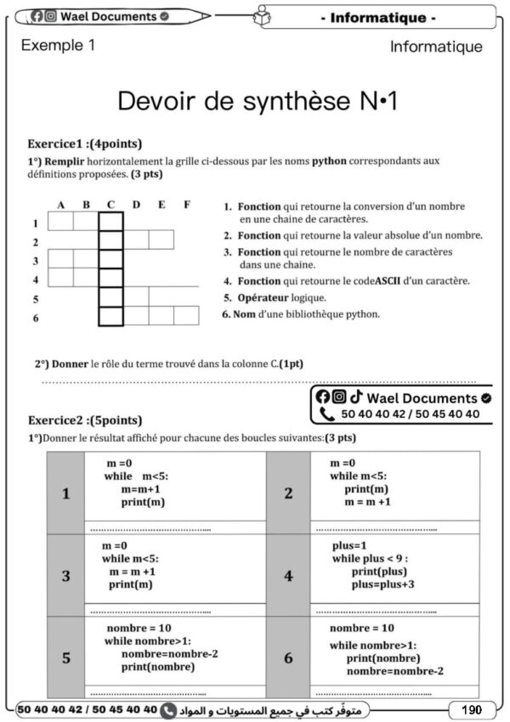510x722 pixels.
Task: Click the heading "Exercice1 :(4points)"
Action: coord(85,144)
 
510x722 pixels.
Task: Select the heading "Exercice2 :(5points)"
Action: coord(85,420)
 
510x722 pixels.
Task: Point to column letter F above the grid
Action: coord(186,205)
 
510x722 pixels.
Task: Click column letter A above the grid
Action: coord(61,205)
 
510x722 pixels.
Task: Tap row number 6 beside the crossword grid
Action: coord(36,318)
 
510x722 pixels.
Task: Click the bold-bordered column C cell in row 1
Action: coord(111,222)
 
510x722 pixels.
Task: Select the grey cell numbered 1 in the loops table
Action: coord(66,494)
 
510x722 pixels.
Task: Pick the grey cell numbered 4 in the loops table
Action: coord(288,576)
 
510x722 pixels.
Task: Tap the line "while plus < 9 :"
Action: coord(370,558)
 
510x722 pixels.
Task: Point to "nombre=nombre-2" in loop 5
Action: coord(170,654)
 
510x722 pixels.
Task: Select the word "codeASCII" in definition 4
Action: coord(393,280)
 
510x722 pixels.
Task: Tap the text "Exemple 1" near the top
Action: coord(58,46)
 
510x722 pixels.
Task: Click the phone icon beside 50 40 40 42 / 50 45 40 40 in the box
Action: coord(327,415)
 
